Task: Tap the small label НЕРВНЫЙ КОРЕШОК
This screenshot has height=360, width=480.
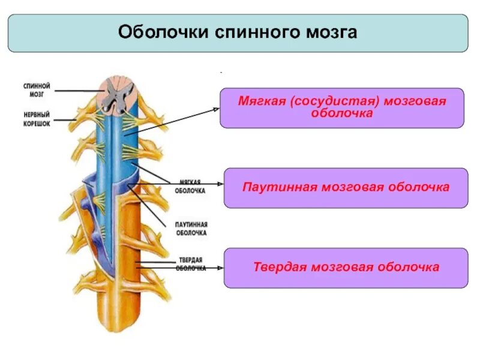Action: pos(37,118)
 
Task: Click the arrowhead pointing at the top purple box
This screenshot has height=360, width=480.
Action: pos(217,109)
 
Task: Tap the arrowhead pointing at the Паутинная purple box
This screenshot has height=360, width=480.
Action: pos(220,184)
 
